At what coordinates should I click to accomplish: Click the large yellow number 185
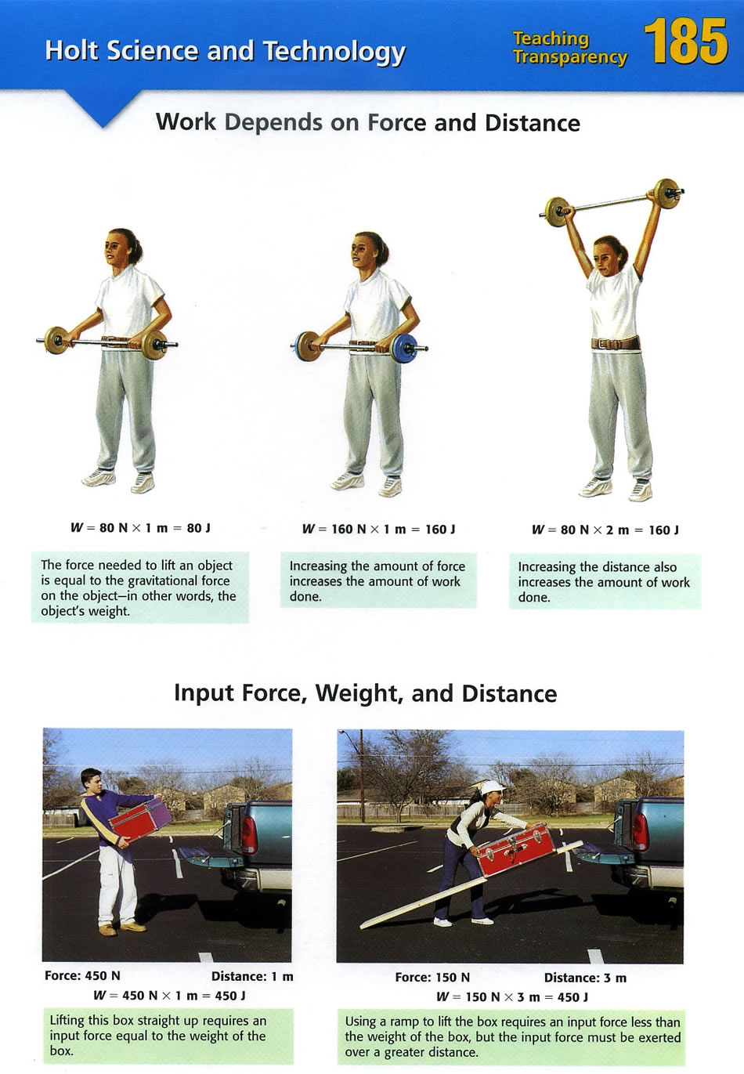(686, 42)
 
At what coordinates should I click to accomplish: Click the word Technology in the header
(334, 52)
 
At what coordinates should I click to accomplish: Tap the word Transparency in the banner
(570, 57)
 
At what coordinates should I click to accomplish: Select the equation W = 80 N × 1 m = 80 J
(140, 528)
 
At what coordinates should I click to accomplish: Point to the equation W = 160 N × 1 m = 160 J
(379, 530)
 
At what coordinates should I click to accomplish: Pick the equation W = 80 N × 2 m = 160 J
(605, 530)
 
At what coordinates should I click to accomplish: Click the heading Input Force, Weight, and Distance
(365, 694)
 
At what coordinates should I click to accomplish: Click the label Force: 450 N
(82, 976)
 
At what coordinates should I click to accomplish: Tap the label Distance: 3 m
(585, 978)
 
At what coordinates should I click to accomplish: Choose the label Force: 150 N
(432, 977)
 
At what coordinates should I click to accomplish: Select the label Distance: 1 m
(252, 976)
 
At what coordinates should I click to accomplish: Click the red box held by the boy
(140, 819)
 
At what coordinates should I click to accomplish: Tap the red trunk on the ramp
(516, 851)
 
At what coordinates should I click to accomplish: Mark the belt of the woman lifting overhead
(616, 343)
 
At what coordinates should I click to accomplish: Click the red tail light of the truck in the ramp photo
(641, 832)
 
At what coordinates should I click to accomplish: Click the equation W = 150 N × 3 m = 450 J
(512, 997)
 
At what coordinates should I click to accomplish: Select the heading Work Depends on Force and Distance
(367, 122)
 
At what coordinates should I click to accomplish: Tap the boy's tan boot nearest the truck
(133, 926)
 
